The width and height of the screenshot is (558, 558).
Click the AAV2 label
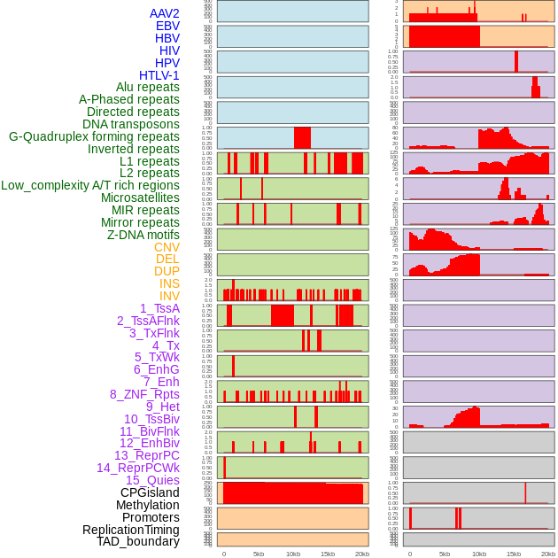[x=165, y=13]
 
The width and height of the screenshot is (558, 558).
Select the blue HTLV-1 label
[x=159, y=75]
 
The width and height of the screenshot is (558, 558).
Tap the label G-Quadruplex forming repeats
[x=94, y=137]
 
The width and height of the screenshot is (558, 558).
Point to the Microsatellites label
[x=140, y=198]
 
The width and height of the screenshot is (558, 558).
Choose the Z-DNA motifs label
[x=143, y=235]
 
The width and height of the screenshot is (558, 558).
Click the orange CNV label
[x=167, y=247]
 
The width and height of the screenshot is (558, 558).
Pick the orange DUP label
[x=167, y=271]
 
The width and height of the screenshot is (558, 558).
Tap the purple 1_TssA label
[x=159, y=308]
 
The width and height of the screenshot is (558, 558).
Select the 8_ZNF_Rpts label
[x=144, y=394]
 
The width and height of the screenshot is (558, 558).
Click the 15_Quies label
[x=152, y=480]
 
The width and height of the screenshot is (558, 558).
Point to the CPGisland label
[x=150, y=492]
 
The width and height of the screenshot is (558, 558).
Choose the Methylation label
[x=148, y=505]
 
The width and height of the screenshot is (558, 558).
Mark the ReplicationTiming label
[x=131, y=530]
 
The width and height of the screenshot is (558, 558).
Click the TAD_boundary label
[x=138, y=541]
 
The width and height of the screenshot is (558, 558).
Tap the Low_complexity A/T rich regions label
[x=90, y=186]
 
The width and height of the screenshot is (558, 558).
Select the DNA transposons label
[x=131, y=125]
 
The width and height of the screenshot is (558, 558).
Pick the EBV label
[x=167, y=26]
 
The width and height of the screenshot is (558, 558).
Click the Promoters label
[x=151, y=517]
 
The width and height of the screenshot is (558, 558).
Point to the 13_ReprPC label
[x=147, y=455]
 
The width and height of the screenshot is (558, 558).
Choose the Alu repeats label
[x=148, y=88]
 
